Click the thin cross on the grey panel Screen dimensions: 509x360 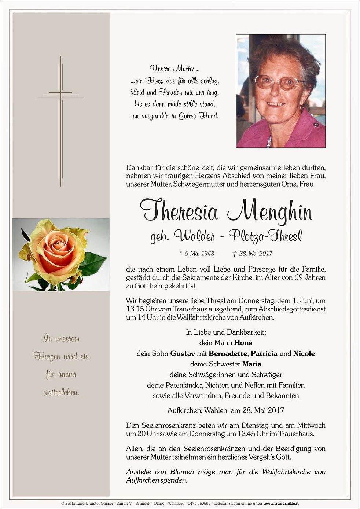point(60,121)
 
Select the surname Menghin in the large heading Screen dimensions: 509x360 point(269,212)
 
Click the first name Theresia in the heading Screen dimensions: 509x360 point(179,211)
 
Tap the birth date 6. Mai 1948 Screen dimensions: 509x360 point(199,254)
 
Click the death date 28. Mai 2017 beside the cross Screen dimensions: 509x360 point(256,254)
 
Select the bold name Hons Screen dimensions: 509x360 point(243,343)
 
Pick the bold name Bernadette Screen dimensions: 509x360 point(229,354)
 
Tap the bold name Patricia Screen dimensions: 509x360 point(264,354)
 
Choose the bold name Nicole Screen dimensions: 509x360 point(304,354)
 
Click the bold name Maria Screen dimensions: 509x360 point(251,364)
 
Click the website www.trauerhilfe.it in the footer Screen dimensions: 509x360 point(281,504)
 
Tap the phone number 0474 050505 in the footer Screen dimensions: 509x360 point(200,504)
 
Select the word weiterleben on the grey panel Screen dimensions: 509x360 point(61,393)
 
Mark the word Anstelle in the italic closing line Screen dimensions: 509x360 point(138,472)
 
